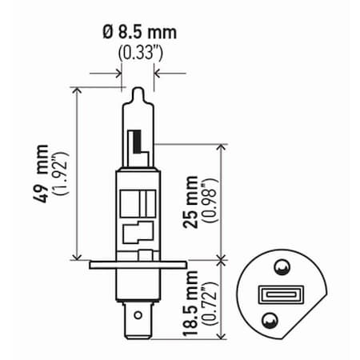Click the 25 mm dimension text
(190, 202)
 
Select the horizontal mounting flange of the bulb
(138, 263)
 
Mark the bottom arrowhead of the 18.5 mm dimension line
(219, 337)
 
